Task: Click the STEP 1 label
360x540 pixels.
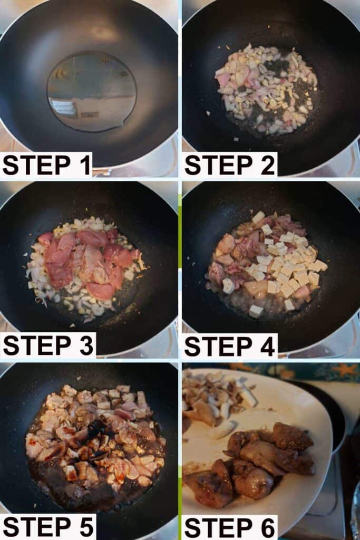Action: coord(47,165)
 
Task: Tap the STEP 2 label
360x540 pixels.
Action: coord(230,165)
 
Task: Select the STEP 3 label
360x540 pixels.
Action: coord(48,345)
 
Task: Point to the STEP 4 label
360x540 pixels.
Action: coord(230,346)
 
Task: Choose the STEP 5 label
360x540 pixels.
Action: coord(48,527)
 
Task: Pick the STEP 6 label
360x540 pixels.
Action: coord(230,527)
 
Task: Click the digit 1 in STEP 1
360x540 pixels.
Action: coord(86,165)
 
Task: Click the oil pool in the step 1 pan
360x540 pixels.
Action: coord(92,91)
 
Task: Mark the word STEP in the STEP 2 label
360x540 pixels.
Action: coord(219,165)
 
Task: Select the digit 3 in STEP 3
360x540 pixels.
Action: coord(86,345)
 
